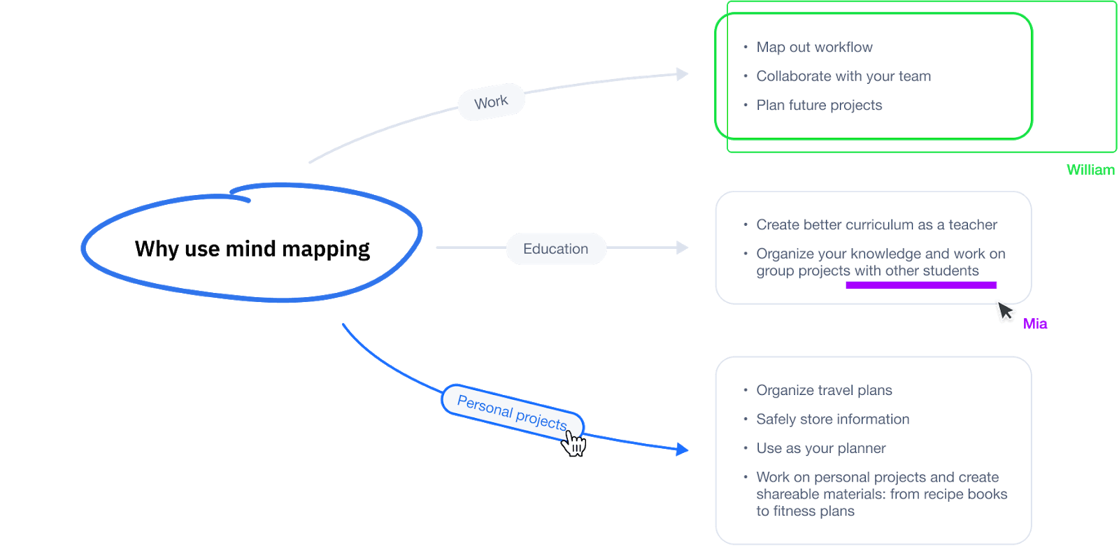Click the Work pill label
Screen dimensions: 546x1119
coord(491,102)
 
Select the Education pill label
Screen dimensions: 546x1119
coord(555,249)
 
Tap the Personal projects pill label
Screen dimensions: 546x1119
coord(511,412)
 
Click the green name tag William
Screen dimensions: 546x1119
coord(1090,170)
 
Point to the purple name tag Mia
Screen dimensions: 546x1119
coord(1035,324)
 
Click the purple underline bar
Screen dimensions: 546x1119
coord(920,285)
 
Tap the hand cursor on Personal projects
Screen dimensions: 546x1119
coord(574,443)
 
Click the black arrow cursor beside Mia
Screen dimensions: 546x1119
coord(1006,312)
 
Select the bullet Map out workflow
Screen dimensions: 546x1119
coord(814,48)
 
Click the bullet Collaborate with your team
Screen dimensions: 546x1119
coord(843,76)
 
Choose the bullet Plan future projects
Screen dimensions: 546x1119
coord(819,106)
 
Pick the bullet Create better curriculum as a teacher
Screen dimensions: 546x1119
coord(876,225)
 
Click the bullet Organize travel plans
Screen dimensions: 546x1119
coord(824,391)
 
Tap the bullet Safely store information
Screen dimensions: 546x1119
coord(832,419)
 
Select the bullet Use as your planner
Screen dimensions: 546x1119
coord(820,449)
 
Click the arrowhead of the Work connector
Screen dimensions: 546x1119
coord(682,74)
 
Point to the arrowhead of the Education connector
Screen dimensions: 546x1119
coord(682,247)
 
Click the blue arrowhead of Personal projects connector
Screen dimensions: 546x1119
coord(682,449)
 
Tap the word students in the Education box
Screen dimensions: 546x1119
coord(950,271)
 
